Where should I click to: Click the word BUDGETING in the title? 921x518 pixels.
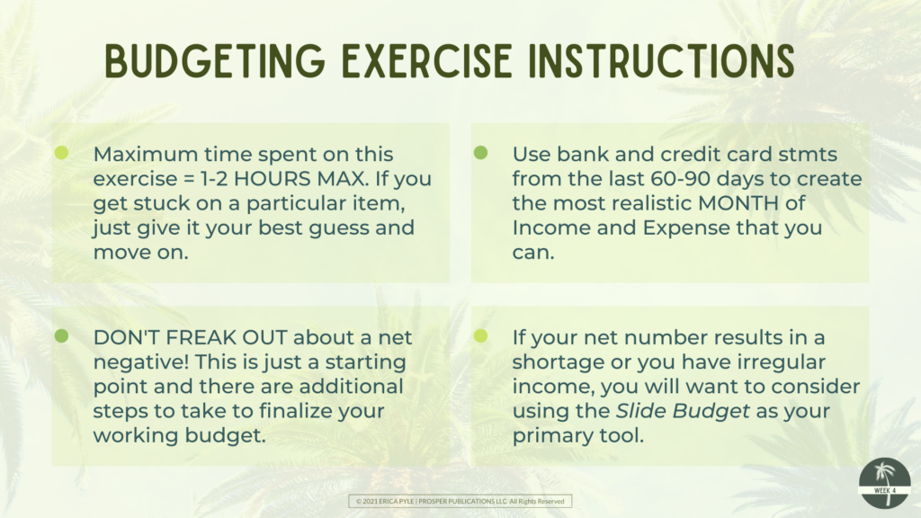pos(215,61)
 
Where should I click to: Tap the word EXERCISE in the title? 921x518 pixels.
pos(427,61)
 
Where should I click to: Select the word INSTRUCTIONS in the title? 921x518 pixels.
pos(662,61)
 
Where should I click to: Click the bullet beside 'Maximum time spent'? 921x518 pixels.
pos(62,153)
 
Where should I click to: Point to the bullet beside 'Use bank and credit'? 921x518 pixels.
pos(480,153)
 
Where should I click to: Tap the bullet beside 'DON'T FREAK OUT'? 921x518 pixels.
pos(62,336)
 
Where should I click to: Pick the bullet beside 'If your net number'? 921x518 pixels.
pos(480,336)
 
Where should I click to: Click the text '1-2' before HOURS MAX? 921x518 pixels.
pos(214,179)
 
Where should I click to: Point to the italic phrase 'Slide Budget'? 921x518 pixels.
pos(683,411)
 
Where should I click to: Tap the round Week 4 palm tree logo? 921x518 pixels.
pos(885,483)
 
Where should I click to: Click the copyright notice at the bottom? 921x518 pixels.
pos(460,501)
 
